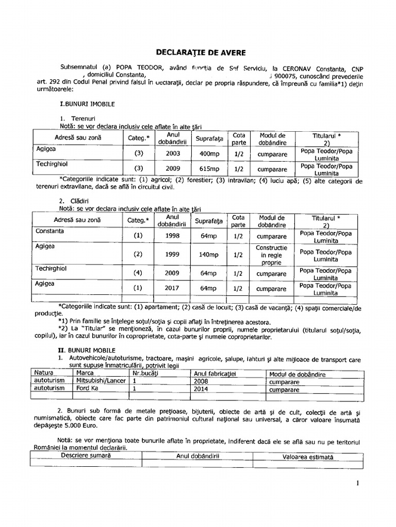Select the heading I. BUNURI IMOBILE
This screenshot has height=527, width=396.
pyautogui.click(x=88, y=103)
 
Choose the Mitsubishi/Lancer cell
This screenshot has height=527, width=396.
pyautogui.click(x=101, y=381)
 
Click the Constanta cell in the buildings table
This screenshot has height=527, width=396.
pyautogui.click(x=50, y=232)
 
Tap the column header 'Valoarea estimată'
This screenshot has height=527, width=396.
pyautogui.click(x=308, y=456)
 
